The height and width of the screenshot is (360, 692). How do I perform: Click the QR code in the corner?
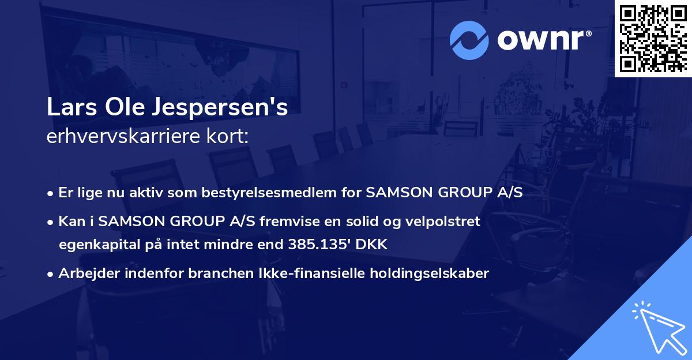[x=652, y=38]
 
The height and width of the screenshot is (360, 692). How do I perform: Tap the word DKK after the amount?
[x=373, y=245]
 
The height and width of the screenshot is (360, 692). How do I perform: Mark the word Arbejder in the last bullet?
[x=85, y=273]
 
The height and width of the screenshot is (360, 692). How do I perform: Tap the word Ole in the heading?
[x=125, y=108]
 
